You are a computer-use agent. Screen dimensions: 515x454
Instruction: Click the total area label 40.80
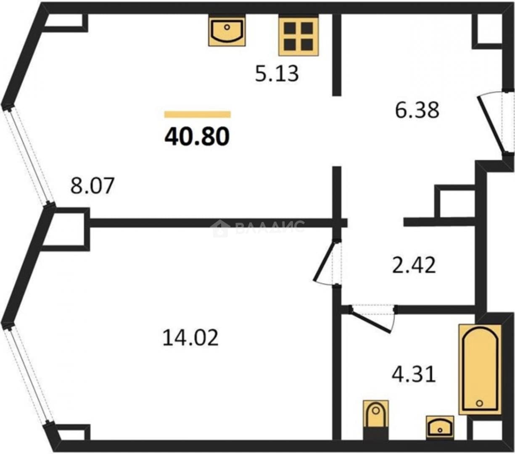[197, 137]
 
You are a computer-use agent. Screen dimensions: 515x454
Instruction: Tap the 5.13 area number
[277, 74]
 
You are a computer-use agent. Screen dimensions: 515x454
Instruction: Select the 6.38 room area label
[417, 110]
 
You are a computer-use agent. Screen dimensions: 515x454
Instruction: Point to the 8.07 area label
[92, 186]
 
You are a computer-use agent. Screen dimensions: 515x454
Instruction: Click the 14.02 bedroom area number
[190, 338]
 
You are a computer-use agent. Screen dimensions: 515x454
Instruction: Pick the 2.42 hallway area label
[414, 265]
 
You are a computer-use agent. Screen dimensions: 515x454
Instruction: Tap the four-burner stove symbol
[298, 35]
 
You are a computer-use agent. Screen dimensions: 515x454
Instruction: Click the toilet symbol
[376, 418]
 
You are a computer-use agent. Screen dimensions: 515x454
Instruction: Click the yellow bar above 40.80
[198, 114]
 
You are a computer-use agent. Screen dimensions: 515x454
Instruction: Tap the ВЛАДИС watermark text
[270, 227]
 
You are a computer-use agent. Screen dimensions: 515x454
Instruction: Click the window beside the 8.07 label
[29, 156]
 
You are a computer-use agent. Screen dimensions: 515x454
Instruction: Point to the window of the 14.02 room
[28, 375]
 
